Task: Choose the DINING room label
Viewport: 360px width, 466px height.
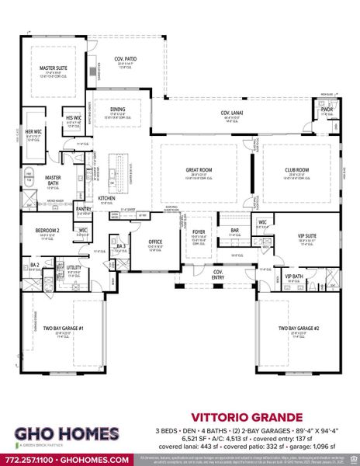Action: click(117, 110)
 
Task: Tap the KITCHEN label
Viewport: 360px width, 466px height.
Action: click(106, 198)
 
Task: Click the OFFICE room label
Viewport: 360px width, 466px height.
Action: click(155, 242)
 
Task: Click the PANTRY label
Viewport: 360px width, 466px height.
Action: click(84, 208)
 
